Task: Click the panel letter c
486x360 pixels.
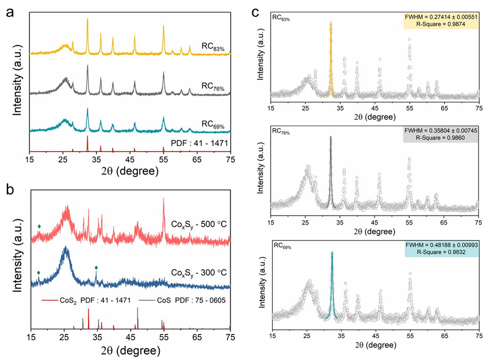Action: pyautogui.click(x=256, y=10)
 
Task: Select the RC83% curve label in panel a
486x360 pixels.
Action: pyautogui.click(x=213, y=47)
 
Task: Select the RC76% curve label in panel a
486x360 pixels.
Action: pyautogui.click(x=213, y=88)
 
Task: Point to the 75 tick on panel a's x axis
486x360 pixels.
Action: pyautogui.click(x=230, y=161)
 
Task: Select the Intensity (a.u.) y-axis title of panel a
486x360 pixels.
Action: pyautogui.click(x=17, y=80)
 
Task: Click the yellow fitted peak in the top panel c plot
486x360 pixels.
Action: pyautogui.click(x=330, y=57)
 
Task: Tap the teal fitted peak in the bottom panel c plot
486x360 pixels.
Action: pyautogui.click(x=332, y=284)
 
